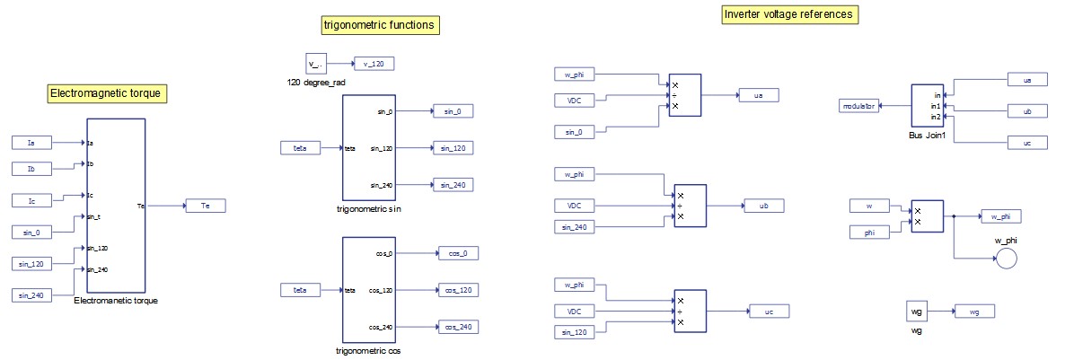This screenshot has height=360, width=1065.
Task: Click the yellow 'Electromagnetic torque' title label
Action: point(109,92)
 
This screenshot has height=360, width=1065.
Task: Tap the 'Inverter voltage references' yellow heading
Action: point(789,14)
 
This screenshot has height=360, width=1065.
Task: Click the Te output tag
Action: point(205,206)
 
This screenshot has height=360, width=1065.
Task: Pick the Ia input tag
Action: point(33,142)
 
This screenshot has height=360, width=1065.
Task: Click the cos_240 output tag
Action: point(458,327)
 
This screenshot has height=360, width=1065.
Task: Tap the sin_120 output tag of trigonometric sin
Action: point(452,148)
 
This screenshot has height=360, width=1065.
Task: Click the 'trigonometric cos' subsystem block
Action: point(369,289)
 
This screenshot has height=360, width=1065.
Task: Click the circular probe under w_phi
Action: point(1006,258)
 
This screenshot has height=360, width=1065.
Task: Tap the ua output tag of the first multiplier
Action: point(759,93)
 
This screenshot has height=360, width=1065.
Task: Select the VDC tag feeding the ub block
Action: point(575,206)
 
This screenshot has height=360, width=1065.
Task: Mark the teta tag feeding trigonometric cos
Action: point(302,290)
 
